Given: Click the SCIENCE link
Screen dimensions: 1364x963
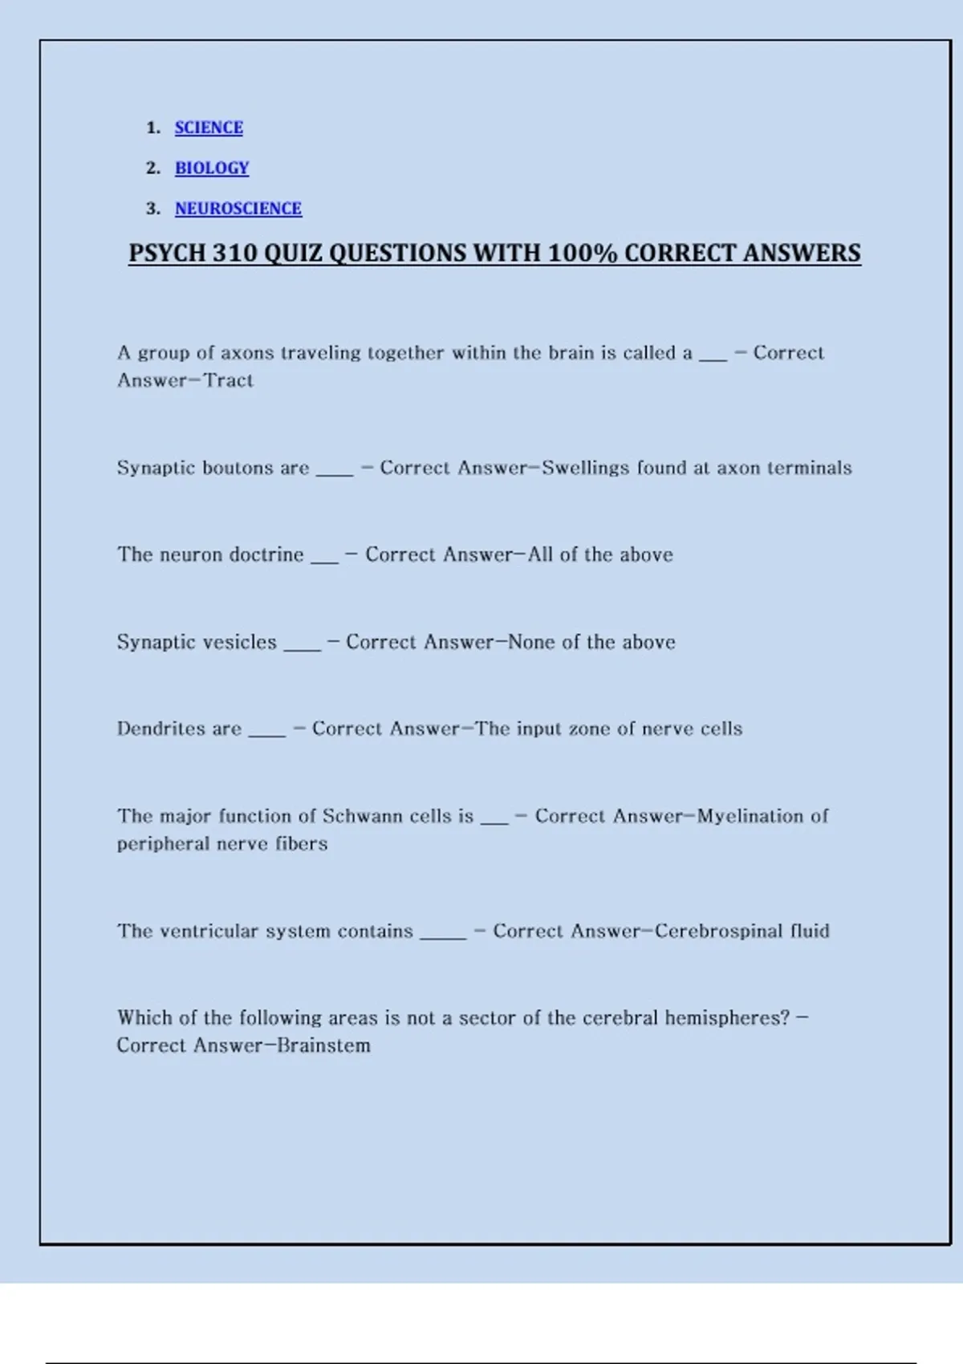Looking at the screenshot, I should (209, 128).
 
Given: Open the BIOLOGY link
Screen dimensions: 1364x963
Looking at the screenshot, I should (212, 168).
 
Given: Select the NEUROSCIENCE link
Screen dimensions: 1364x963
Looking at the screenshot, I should (238, 209).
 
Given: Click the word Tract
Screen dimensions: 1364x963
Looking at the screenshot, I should (229, 380).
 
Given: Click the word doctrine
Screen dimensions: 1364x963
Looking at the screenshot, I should (266, 554).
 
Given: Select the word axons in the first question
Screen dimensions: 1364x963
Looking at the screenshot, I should (247, 353).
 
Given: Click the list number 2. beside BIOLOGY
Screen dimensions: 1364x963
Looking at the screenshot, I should (153, 168).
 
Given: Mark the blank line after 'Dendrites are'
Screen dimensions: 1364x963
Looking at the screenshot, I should (267, 733).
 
